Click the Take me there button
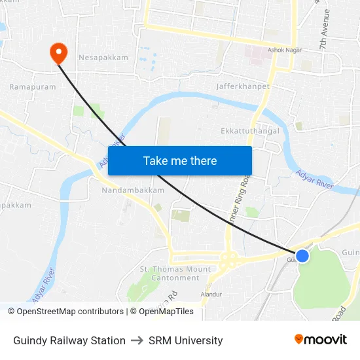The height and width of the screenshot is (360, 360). pos(180,160)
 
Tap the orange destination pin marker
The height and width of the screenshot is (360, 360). pos(58,52)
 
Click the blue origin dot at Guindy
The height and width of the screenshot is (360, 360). pos(302,256)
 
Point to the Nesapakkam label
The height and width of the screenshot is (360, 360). pos(103,58)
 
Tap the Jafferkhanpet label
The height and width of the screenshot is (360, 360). pos(243,86)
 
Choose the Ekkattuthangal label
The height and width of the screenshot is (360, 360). pos(250,131)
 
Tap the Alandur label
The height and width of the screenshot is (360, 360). pos(211,295)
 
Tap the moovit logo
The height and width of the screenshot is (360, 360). pos(321,340)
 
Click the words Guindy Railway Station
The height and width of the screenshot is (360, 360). pos(69,340)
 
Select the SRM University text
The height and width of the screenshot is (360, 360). pos(185,340)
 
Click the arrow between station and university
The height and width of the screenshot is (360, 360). pos(137,340)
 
